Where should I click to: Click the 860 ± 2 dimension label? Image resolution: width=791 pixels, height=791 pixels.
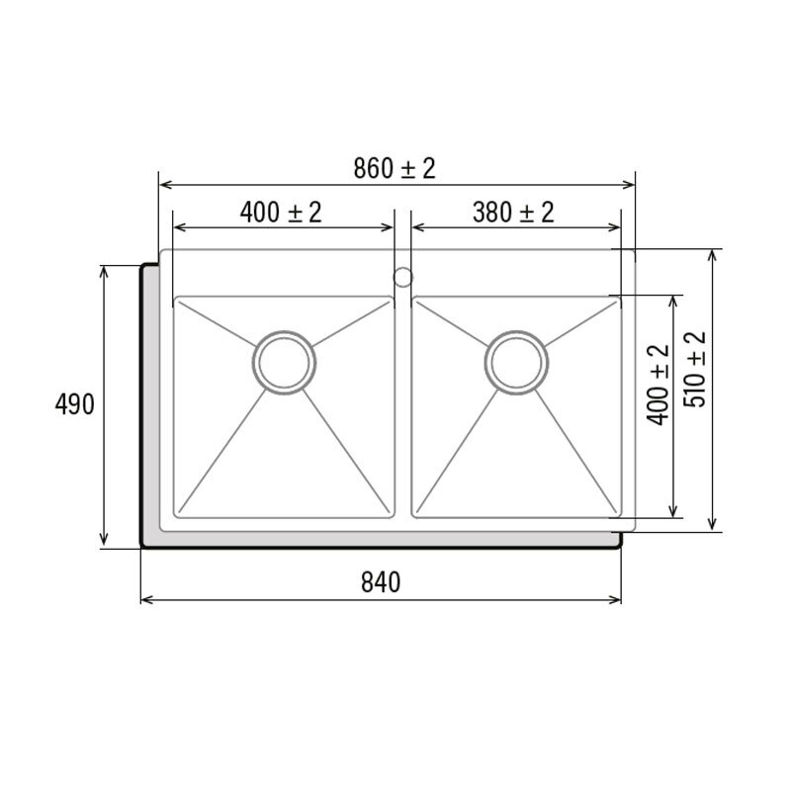pyautogui.click(x=395, y=169)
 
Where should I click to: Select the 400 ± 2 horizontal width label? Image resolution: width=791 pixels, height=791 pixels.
pyautogui.click(x=281, y=212)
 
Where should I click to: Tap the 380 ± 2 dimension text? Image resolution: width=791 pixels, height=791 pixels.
pyautogui.click(x=512, y=212)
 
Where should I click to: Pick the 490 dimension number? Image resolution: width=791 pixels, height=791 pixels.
pyautogui.click(x=74, y=405)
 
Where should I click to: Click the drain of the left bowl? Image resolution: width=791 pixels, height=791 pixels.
pyautogui.click(x=285, y=363)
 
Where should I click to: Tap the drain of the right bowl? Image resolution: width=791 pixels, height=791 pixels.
pyautogui.click(x=516, y=363)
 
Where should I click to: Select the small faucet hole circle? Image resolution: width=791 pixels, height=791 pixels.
pyautogui.click(x=402, y=276)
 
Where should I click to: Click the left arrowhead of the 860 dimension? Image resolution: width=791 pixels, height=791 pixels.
pyautogui.click(x=165, y=184)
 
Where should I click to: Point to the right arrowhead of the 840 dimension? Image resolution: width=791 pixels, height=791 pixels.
pyautogui.click(x=615, y=599)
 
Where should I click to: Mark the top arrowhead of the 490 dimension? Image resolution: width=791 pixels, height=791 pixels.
pyautogui.click(x=105, y=271)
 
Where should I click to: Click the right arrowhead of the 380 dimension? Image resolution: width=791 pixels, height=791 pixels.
pyautogui.click(x=614, y=226)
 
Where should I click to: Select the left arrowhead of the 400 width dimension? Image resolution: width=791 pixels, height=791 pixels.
pyautogui.click(x=179, y=226)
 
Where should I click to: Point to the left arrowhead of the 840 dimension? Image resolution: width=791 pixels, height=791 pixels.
pyautogui.click(x=147, y=599)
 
